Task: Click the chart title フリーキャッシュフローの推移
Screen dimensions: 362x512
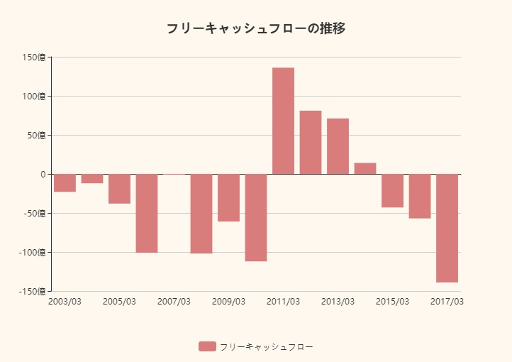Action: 256,28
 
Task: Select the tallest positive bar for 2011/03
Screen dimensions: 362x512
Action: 283,121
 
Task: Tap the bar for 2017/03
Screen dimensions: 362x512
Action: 447,228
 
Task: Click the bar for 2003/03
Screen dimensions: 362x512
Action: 65,182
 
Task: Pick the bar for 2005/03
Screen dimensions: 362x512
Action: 119,189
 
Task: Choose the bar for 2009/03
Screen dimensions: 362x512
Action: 228,197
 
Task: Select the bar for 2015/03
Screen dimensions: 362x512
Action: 392,190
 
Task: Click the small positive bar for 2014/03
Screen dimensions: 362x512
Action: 365,168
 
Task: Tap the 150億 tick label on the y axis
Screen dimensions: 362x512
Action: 34,57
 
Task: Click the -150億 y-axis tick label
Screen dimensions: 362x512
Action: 33,291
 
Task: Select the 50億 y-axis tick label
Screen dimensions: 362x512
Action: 36,135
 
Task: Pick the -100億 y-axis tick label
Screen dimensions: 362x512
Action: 33,252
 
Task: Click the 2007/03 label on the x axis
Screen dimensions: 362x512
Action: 174,302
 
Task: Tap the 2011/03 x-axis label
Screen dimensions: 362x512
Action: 283,302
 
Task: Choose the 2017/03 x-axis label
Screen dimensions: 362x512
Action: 447,302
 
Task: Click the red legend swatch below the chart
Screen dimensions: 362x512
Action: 207,346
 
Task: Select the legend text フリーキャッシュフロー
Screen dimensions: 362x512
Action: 266,346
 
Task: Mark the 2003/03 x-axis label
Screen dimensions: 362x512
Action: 65,302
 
